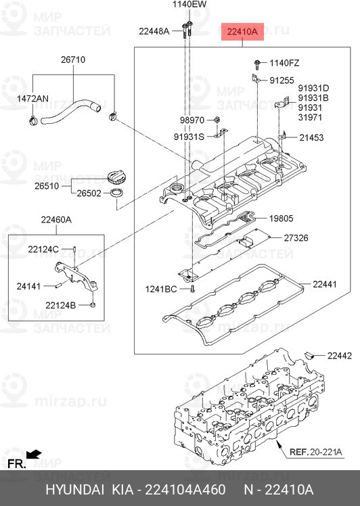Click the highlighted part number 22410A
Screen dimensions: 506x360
(x=242, y=31)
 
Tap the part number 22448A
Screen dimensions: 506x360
(x=154, y=31)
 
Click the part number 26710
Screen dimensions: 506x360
(x=72, y=60)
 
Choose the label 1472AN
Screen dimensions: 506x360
(x=32, y=99)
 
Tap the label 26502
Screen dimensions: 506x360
(x=88, y=193)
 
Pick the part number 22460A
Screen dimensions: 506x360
(x=55, y=219)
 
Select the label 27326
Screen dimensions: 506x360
(x=297, y=238)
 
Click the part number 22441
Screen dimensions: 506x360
(x=325, y=284)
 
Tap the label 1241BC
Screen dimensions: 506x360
(x=161, y=290)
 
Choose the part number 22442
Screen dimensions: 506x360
(x=340, y=356)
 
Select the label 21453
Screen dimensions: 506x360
(x=312, y=137)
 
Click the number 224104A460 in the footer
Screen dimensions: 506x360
(x=183, y=489)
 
